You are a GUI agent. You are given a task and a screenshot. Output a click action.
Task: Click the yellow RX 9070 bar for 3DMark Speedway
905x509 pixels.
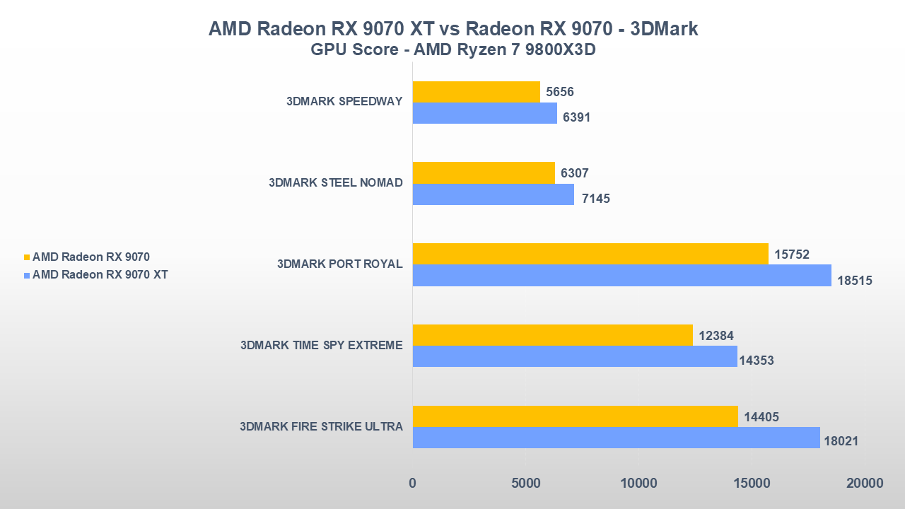point(476,92)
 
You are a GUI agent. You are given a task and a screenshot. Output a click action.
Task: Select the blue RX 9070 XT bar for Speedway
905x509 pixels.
point(484,113)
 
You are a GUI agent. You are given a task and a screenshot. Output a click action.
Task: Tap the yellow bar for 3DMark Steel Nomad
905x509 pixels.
point(484,172)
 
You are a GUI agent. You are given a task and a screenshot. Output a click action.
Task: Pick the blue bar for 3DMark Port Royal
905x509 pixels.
point(621,275)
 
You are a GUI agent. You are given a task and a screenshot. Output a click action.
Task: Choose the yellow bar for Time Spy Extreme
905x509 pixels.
point(552,335)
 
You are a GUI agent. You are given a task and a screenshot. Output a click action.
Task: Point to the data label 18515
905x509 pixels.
point(855,281)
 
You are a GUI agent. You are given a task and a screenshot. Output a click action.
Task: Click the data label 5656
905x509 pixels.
point(560,92)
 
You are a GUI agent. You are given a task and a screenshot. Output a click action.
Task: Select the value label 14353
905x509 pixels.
point(757,361)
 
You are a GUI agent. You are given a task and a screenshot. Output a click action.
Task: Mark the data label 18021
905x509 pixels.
point(841,441)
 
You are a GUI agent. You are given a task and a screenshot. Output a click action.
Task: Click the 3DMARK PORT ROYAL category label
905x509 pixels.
point(339,264)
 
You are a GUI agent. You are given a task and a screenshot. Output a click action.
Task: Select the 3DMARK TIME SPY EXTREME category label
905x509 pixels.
point(321,346)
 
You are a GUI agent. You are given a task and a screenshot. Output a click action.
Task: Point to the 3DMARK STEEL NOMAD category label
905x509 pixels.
point(335,183)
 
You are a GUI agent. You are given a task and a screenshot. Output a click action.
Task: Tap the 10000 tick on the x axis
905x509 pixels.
point(638,484)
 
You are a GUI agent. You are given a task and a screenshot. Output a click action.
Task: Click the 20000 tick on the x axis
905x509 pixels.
point(864,484)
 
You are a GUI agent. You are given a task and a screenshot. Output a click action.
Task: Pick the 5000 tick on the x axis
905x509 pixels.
point(525,484)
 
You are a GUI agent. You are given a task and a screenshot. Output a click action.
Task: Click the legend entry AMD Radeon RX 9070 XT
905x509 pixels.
point(100,274)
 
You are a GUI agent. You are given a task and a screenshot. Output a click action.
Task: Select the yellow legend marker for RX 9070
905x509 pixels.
point(27,257)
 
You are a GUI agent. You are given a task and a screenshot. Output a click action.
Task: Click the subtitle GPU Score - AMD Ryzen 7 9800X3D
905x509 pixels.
point(452,51)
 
